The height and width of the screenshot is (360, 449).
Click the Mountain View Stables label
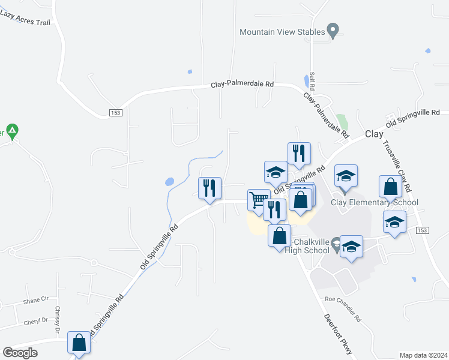pos(282,32)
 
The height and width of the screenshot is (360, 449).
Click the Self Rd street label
pos(312,82)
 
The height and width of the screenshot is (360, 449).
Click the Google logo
pos(20,353)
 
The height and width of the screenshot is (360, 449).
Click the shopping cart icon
pos(259,199)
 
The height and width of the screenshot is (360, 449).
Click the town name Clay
pos(374,135)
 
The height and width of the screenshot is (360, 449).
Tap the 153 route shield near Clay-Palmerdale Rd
pos(115,113)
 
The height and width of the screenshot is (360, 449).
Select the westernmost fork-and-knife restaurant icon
pos(210,188)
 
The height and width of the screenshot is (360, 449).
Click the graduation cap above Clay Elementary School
pos(346,175)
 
